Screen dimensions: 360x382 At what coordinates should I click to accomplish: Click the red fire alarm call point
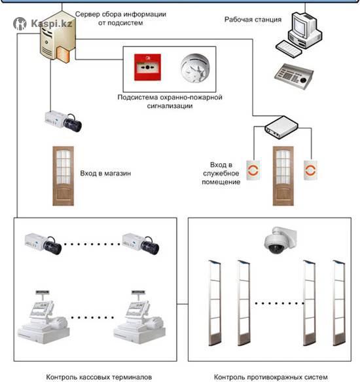click(147, 67)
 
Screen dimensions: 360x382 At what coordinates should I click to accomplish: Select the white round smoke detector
click(195, 68)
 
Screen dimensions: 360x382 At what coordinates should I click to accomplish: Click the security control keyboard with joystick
click(294, 76)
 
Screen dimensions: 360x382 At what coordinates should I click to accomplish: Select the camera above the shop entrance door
click(63, 121)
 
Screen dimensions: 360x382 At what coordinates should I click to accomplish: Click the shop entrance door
click(63, 176)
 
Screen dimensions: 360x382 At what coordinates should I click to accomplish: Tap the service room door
click(283, 176)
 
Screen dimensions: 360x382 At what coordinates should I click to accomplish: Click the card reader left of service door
click(253, 170)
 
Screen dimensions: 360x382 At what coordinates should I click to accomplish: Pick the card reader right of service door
click(310, 170)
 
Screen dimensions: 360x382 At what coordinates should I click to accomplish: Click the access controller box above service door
click(281, 127)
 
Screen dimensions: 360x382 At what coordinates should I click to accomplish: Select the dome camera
click(281, 240)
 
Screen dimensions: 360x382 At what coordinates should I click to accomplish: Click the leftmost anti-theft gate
click(215, 303)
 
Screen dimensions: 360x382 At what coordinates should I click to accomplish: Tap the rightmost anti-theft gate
click(339, 303)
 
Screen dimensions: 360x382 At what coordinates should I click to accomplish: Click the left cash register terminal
click(43, 317)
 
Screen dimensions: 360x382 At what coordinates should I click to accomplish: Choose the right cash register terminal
click(139, 317)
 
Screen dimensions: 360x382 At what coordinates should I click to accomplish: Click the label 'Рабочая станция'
click(253, 20)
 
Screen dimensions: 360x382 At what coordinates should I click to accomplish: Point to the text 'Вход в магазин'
click(105, 174)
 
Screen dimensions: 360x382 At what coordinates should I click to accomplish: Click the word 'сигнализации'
click(170, 106)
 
